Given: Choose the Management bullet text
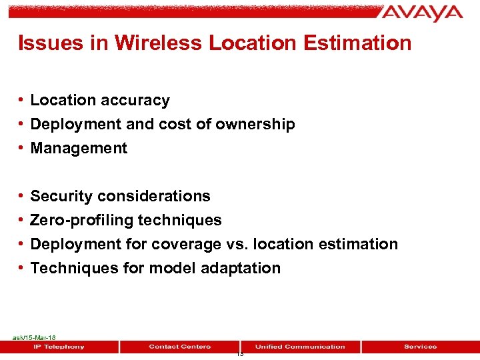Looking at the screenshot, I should [x=79, y=149].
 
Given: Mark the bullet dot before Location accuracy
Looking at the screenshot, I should [x=22, y=101].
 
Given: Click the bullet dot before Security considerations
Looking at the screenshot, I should [x=22, y=197].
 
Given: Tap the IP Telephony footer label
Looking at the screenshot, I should [x=59, y=347].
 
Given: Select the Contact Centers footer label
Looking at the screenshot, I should [x=179, y=347].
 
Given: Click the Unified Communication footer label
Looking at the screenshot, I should [x=300, y=347].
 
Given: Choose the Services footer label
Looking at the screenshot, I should [x=420, y=347].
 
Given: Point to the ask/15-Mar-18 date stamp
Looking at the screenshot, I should [x=34, y=338].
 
